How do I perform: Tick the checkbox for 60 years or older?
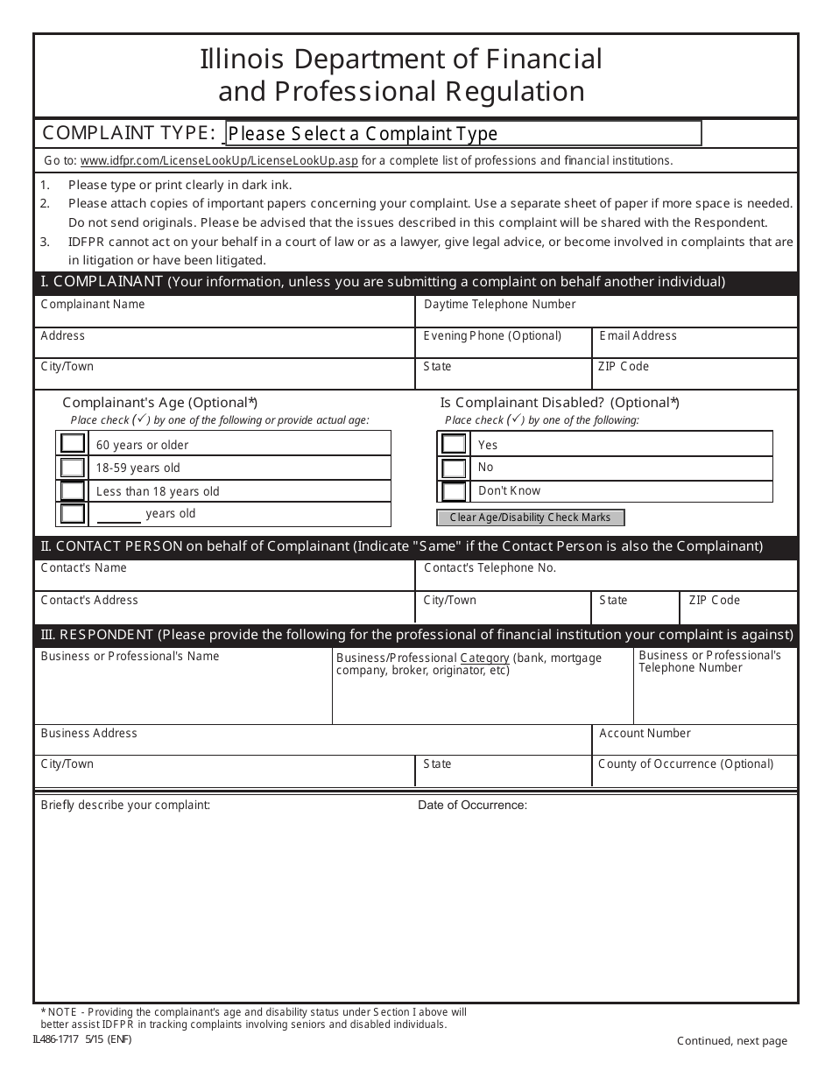(x=73, y=443)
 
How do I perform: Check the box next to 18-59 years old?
(x=73, y=468)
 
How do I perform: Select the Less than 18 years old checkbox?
(x=73, y=491)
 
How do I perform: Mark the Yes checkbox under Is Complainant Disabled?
(x=454, y=444)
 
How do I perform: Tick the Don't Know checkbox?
(x=454, y=491)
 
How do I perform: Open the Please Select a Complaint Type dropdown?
(x=463, y=133)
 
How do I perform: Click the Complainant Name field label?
(x=93, y=305)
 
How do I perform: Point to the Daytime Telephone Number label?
(x=499, y=305)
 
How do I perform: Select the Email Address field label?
(x=638, y=336)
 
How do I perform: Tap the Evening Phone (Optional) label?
(x=492, y=336)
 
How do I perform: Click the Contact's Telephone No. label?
(x=490, y=568)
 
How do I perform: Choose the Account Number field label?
(x=645, y=734)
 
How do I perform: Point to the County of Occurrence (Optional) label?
(x=686, y=764)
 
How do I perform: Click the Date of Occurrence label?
(x=472, y=806)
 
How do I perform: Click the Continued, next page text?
(x=731, y=1041)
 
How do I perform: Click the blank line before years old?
(x=118, y=516)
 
